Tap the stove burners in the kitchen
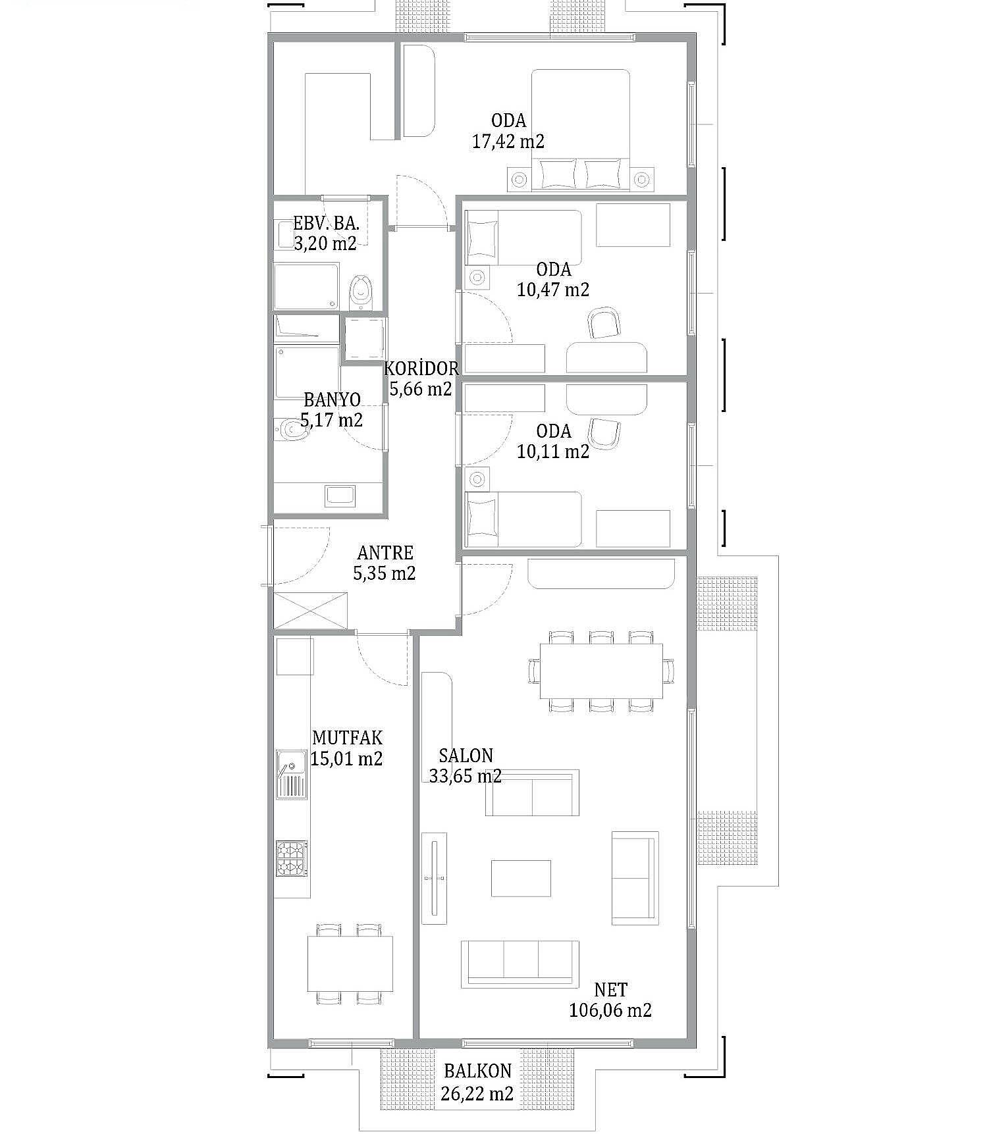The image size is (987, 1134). pyautogui.click(x=292, y=858)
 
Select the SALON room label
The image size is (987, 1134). pyautogui.click(x=466, y=756)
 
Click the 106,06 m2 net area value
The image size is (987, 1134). pyautogui.click(x=610, y=1010)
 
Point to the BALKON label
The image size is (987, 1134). pyautogui.click(x=477, y=1071)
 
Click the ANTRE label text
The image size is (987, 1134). pyautogui.click(x=385, y=553)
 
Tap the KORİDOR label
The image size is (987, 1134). pyautogui.click(x=421, y=367)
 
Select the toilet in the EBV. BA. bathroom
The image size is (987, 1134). pyautogui.click(x=360, y=292)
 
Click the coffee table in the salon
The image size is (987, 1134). pyautogui.click(x=521, y=878)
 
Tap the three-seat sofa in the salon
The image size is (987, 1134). pyautogui.click(x=520, y=964)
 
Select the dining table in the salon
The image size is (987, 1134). pyautogui.click(x=601, y=671)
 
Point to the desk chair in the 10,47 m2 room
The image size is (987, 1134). pyautogui.click(x=605, y=322)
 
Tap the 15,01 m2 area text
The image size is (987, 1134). pyautogui.click(x=346, y=758)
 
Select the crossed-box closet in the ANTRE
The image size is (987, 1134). pyautogui.click(x=311, y=611)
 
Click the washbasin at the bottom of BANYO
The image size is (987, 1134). pyautogui.click(x=340, y=496)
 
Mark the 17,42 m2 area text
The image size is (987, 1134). pyautogui.click(x=508, y=141)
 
